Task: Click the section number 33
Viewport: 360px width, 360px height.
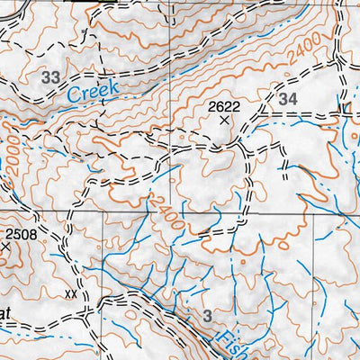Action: [x=49, y=78]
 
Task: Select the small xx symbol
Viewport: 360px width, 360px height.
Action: [x=71, y=293]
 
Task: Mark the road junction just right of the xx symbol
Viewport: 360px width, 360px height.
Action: [x=84, y=312]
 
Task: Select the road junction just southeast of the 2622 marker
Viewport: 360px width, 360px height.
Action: [x=241, y=141]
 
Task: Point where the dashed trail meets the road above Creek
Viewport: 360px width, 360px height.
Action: [x=88, y=54]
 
